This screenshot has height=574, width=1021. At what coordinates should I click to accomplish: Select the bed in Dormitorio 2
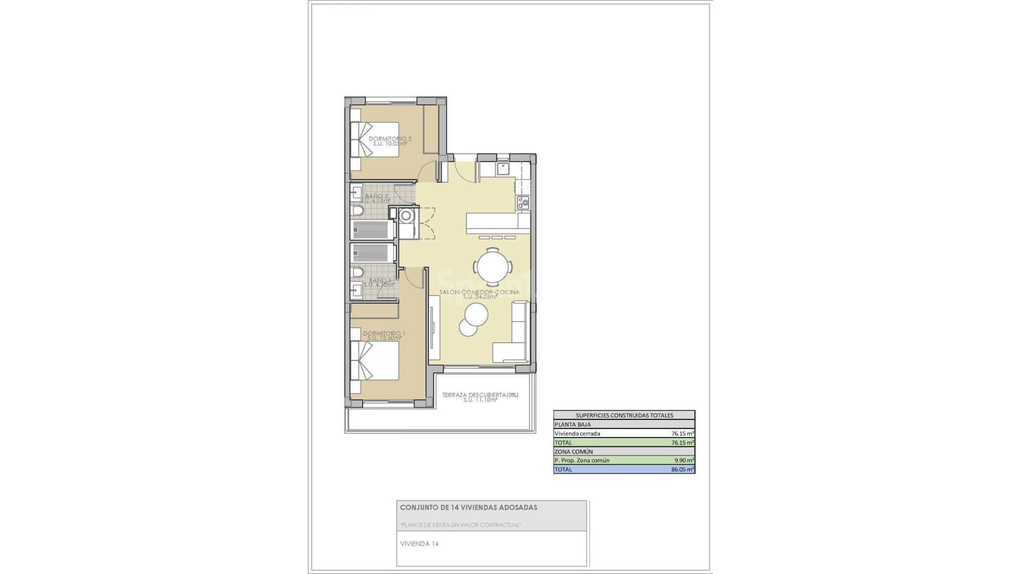375,140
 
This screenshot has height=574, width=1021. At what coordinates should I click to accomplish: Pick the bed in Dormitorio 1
375,360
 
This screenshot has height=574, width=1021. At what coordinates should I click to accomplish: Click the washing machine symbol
407,216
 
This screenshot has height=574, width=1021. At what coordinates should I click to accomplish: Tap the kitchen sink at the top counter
503,170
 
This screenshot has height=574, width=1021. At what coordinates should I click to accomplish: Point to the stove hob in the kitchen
523,202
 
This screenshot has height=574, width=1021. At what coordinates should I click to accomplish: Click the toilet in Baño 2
358,212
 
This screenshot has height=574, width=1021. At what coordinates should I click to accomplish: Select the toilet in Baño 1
358,273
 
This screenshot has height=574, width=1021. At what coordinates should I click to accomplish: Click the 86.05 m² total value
682,469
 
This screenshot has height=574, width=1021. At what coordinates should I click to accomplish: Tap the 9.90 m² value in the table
684,460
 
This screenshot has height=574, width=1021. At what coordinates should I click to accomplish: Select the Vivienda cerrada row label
577,434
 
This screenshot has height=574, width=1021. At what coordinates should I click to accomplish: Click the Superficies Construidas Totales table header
624,416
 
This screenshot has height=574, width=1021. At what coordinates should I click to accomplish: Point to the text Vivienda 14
420,544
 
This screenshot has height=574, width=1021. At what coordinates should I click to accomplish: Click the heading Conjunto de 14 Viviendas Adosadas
468,508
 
